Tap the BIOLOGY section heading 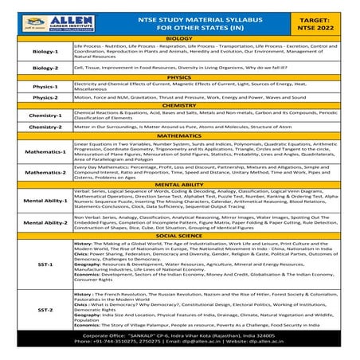(x=180, y=38)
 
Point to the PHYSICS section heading (x=180, y=78)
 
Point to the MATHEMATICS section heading (x=180, y=136)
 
